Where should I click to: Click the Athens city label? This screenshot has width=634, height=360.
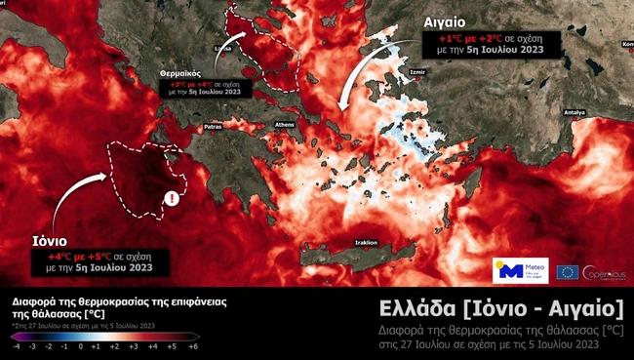(x=285, y=125)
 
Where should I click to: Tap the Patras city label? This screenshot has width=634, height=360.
(x=214, y=126)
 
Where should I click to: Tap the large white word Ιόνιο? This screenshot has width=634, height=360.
(x=46, y=242)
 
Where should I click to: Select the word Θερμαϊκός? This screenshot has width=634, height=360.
(x=179, y=73)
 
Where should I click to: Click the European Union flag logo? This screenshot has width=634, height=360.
(x=567, y=271)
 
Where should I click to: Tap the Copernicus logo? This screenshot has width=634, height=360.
(x=604, y=271)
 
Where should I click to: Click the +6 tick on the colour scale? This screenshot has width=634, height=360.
(x=193, y=346)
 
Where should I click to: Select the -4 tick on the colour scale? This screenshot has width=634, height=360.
(x=16, y=346)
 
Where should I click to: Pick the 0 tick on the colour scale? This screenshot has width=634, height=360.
(x=81, y=346)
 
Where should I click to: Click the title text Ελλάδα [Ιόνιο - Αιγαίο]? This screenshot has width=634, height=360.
(x=501, y=310)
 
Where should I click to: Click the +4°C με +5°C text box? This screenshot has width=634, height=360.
(x=99, y=260)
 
